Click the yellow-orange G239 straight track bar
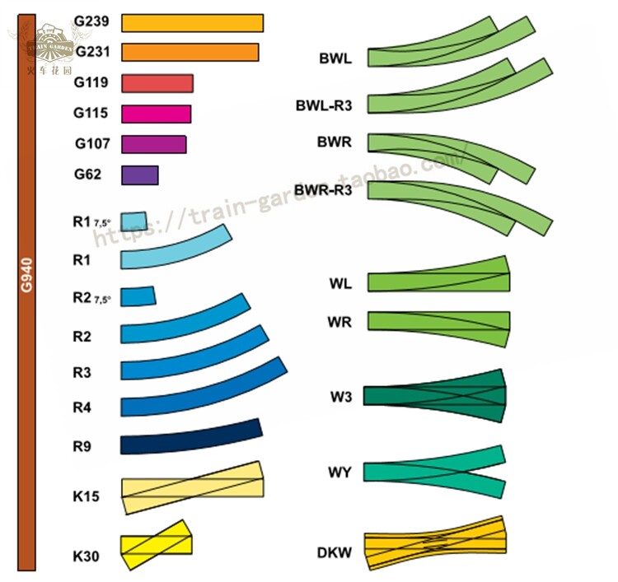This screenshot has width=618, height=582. pos(192,23)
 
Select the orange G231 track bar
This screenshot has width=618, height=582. pos(190,52)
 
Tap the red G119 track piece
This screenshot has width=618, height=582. pos(157,83)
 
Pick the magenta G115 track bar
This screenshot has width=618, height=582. pos(156,114)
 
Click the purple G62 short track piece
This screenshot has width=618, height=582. pos(140,175)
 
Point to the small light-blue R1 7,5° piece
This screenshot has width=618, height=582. pos(134,221)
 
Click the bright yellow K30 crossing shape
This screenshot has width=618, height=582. pos(156,545)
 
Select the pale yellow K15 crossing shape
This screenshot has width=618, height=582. pos(192,487)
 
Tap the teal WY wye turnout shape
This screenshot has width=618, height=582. pos(434,472)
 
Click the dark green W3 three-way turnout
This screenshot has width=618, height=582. pos(434,396)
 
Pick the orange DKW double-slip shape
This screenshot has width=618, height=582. pos(435,543)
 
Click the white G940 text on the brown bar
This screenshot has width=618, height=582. pos(26,275)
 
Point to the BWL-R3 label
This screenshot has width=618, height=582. pos(324,105)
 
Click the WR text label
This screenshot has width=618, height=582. pos(339,322)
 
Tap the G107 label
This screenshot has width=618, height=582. pos(92,143)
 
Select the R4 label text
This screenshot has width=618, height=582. pos(82,407)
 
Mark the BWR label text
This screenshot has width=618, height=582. pos(335,142)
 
